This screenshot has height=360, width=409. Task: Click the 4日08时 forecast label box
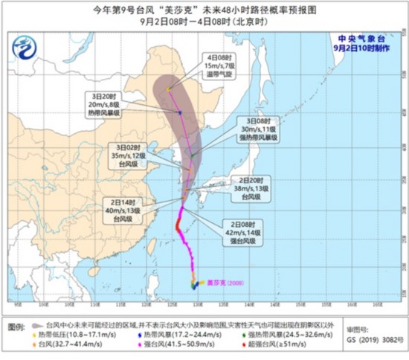tap(220, 65)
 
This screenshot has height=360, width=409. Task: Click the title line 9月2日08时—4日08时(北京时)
tap(204, 22)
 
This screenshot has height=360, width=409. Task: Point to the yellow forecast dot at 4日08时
tap(169, 90)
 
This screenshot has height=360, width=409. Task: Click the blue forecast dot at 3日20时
tap(180, 112)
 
